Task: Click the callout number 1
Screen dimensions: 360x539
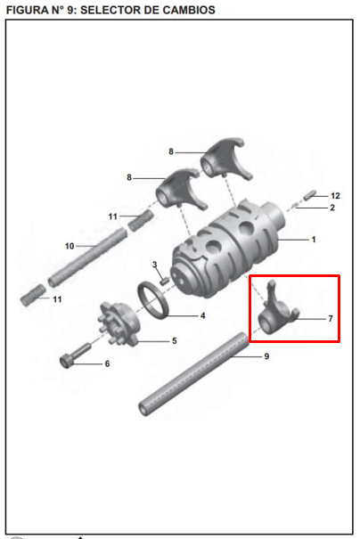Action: click(x=314, y=240)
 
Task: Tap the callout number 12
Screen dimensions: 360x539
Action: click(x=335, y=196)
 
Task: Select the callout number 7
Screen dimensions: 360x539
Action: click(x=331, y=319)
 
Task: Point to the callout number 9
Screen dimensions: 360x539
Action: click(x=266, y=356)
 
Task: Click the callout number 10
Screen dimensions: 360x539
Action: click(x=70, y=246)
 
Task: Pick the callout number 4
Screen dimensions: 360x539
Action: click(x=203, y=315)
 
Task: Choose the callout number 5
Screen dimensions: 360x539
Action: click(x=175, y=340)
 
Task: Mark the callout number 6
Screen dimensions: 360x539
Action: click(x=107, y=363)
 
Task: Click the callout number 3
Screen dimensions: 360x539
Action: click(x=155, y=265)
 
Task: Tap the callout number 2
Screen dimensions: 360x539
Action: click(x=332, y=208)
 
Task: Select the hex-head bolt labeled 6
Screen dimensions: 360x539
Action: click(x=75, y=355)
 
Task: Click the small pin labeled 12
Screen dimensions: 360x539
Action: click(x=309, y=194)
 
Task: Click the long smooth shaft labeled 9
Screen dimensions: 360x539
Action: click(x=193, y=373)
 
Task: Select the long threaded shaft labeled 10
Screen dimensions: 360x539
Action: click(x=87, y=257)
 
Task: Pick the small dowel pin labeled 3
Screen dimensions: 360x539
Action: click(x=164, y=282)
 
